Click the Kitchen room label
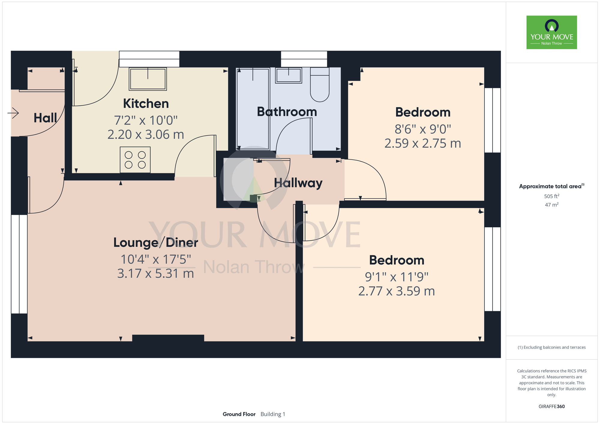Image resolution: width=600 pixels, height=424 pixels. tap(146, 104)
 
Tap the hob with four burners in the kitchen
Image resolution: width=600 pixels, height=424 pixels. tap(135, 160)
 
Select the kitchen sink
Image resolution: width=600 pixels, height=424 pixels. tap(148, 79)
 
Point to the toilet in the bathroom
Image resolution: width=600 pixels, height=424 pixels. tap(319, 85)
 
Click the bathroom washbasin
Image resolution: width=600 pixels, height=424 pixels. tap(288, 75)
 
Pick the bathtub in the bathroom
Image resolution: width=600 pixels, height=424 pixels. tap(253, 109)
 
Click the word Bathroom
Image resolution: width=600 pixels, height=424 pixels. tap(287, 112)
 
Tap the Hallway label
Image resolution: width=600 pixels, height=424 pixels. tap(298, 183)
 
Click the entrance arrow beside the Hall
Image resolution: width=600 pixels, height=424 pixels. tap(13, 113)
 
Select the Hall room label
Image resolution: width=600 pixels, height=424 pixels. tap(45, 118)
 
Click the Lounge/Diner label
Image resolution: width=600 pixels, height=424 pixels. tap(156, 243)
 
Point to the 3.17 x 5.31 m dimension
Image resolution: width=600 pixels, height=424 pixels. tap(155, 273)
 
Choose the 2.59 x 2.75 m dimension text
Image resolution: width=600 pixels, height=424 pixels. tap(423, 143)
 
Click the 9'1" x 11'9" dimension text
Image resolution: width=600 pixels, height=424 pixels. tap(397, 277)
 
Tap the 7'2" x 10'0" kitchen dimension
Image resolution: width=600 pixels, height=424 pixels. tap(146, 121)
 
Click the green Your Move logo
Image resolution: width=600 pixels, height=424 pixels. tap(552, 32)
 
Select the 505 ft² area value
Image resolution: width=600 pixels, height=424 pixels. tap(552, 196)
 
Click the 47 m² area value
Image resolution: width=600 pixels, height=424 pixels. tap(552, 205)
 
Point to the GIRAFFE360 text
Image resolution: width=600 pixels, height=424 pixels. tap(552, 407)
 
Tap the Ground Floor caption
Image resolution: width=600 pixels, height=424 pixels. tap(239, 414)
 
